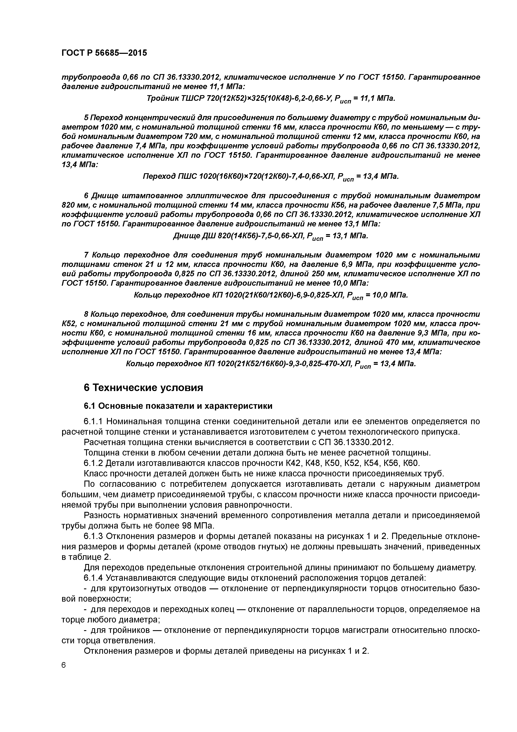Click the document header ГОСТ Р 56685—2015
[104, 53]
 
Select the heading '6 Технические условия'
[143, 388]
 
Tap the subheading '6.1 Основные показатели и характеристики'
[178, 406]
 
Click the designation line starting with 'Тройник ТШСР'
[271, 99]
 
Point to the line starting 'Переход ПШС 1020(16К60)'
[271, 177]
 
